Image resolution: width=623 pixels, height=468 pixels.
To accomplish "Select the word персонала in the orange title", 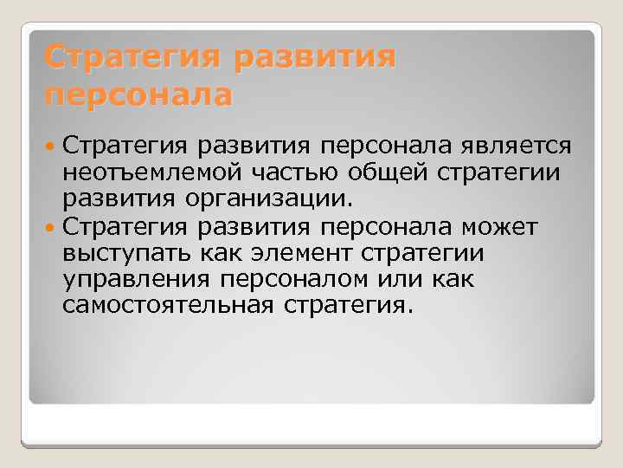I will tap(138, 94).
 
